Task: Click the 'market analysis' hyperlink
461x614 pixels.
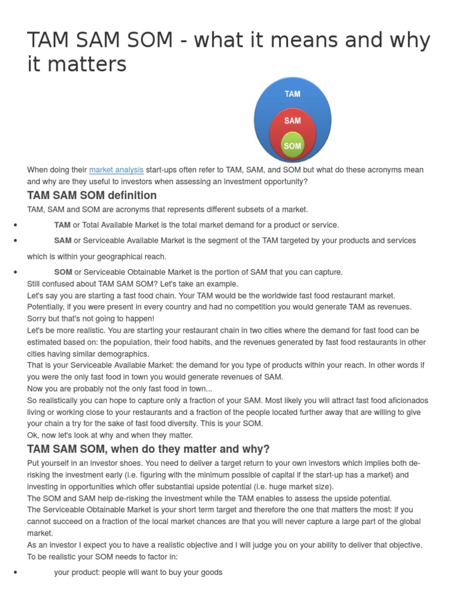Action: pyautogui.click(x=116, y=170)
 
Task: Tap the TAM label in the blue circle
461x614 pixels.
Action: pyautogui.click(x=292, y=94)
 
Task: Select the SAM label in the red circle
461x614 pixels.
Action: pyautogui.click(x=292, y=121)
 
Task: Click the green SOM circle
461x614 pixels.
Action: pyautogui.click(x=292, y=146)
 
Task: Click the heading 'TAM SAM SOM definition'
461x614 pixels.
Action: pyautogui.click(x=92, y=195)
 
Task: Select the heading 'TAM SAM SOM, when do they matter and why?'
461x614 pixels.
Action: pyautogui.click(x=148, y=449)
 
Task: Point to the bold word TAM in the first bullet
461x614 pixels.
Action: pyautogui.click(x=62, y=225)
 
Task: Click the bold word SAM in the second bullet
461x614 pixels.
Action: pyautogui.click(x=62, y=240)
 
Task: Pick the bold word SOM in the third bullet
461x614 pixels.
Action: pyautogui.click(x=63, y=272)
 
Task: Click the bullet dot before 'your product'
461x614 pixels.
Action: pyautogui.click(x=14, y=573)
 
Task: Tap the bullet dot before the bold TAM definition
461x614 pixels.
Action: pyautogui.click(x=14, y=225)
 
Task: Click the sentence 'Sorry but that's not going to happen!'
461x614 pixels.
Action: pyautogui.click(x=91, y=318)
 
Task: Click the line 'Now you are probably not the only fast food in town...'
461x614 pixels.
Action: pyautogui.click(x=119, y=389)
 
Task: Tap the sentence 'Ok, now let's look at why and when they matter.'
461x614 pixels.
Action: pyautogui.click(x=110, y=435)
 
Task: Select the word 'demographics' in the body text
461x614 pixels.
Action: pyautogui.click(x=124, y=354)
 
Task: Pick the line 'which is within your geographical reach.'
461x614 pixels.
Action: pyautogui.click(x=96, y=257)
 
